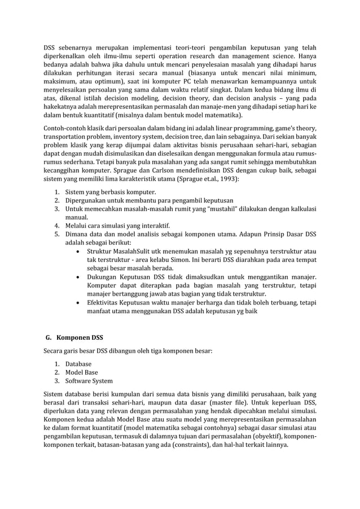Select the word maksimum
(59, 82)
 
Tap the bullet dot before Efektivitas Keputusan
(77, 302)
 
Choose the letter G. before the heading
(49, 339)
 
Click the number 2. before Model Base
(58, 372)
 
